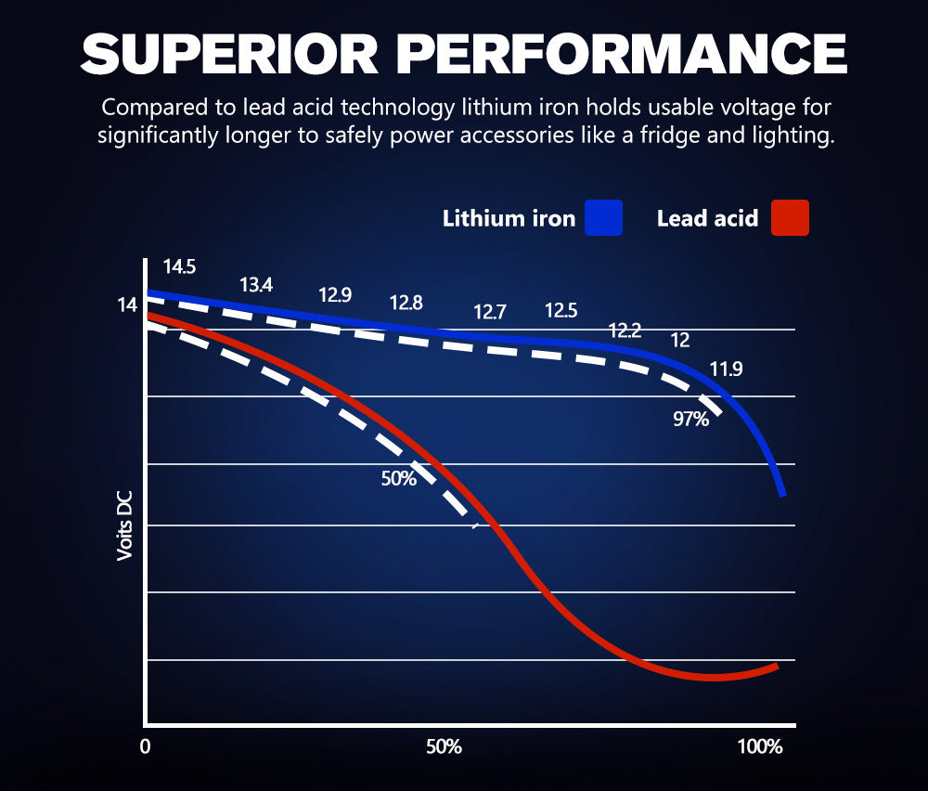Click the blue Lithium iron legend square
pyautogui.click(x=603, y=218)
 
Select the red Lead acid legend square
pyautogui.click(x=790, y=218)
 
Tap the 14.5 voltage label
pyautogui.click(x=179, y=267)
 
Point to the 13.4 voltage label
pyautogui.click(x=256, y=285)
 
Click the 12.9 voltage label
pyautogui.click(x=335, y=295)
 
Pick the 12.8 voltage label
pyautogui.click(x=406, y=303)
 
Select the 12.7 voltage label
pyautogui.click(x=490, y=312)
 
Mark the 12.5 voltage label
pyautogui.click(x=561, y=310)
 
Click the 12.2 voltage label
pyautogui.click(x=625, y=331)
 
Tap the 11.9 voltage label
pyautogui.click(x=726, y=370)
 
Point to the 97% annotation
pyautogui.click(x=690, y=420)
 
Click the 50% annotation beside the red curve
pyautogui.click(x=398, y=479)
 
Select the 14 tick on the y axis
pyautogui.click(x=127, y=305)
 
